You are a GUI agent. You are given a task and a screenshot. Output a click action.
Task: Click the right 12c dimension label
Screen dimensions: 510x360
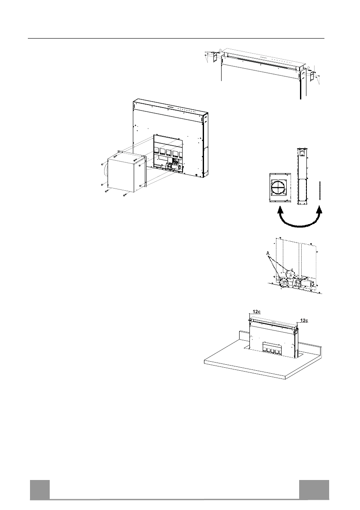pos(304,320)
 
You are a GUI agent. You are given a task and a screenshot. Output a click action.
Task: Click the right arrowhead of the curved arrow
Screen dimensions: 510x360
pos(319,210)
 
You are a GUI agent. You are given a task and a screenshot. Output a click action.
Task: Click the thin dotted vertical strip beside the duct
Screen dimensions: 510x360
pos(320,189)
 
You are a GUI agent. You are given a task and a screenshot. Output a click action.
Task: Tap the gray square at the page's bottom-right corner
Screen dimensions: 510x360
pos(314,489)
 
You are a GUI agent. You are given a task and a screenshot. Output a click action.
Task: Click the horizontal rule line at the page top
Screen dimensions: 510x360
pos(176,39)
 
